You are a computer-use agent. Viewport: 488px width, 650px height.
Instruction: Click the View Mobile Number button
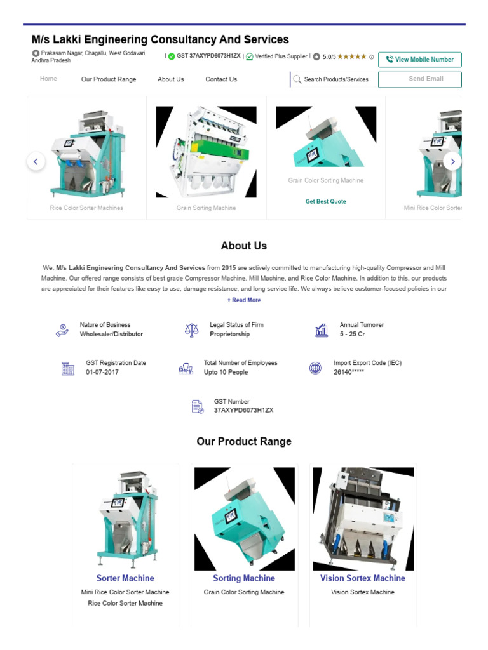tap(419, 60)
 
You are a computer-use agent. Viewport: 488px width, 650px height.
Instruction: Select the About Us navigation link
tap(170, 79)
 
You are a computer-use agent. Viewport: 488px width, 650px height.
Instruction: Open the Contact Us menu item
tap(221, 79)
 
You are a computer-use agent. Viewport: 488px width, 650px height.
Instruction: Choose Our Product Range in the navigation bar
tap(109, 79)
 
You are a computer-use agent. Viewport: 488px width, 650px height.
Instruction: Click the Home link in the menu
tap(48, 79)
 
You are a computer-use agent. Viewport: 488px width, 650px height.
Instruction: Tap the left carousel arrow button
tap(36, 162)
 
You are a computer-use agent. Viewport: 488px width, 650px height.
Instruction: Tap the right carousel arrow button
tap(452, 162)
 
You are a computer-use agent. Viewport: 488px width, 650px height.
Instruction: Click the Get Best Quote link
tap(325, 201)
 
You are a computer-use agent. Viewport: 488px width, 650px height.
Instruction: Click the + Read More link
tap(244, 300)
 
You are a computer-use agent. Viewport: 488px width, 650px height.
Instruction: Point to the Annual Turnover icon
tap(322, 330)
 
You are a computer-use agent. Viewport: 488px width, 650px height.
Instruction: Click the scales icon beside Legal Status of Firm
tap(191, 330)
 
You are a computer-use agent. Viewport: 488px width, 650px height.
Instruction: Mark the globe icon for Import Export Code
tap(315, 368)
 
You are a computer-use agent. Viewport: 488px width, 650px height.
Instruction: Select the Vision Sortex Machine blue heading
tap(362, 578)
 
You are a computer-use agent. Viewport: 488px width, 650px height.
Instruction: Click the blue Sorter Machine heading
tap(125, 578)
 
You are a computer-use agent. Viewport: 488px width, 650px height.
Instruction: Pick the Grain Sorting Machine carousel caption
tap(206, 208)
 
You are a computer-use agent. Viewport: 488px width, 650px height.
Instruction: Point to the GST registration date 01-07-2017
tap(102, 372)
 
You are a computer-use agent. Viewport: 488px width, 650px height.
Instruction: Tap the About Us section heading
tap(244, 246)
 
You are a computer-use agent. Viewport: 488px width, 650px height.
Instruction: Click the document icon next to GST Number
tap(198, 407)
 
